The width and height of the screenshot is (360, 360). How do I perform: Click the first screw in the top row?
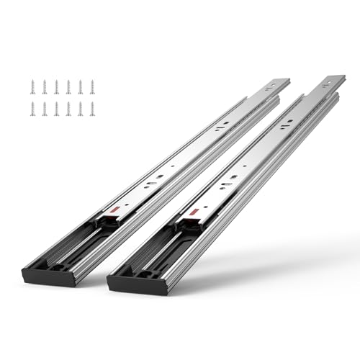click(x=32, y=87)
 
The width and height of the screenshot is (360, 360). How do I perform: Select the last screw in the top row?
click(x=92, y=87)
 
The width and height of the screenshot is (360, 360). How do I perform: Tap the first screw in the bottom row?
click(x=32, y=109)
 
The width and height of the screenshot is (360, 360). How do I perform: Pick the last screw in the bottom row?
click(x=92, y=109)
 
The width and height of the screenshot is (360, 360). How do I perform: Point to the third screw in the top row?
click(x=56, y=87)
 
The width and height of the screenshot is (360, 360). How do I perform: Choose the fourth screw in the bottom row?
click(x=68, y=109)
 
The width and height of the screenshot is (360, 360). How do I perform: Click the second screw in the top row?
click(x=45, y=87)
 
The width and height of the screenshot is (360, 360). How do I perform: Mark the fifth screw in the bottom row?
click(x=81, y=109)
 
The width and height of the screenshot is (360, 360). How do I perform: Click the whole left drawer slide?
click(x=166, y=180)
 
